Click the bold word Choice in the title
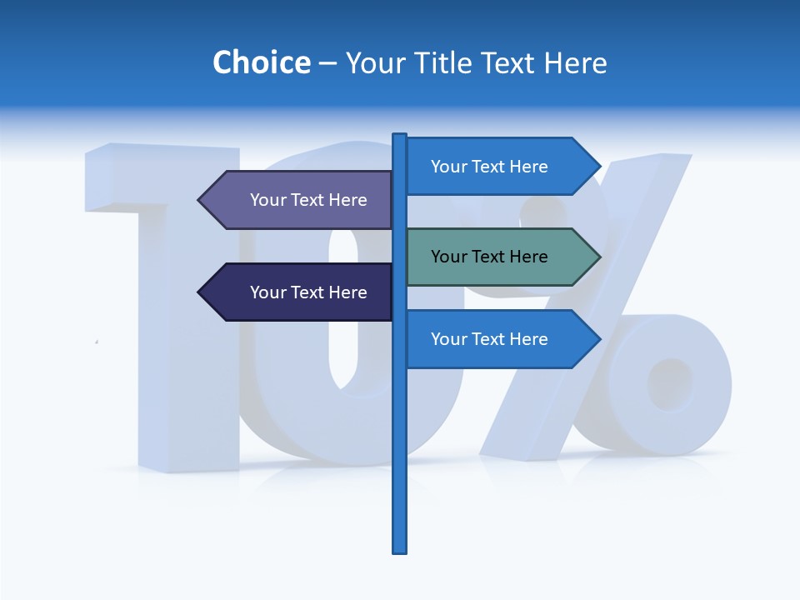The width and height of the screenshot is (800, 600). click(261, 62)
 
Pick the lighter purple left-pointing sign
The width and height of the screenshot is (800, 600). click(300, 200)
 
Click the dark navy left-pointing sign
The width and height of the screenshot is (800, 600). click(300, 292)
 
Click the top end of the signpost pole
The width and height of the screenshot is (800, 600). click(400, 136)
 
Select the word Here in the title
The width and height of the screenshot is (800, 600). click(575, 62)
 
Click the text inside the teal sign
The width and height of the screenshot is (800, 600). click(489, 257)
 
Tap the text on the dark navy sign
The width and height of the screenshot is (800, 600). click(308, 292)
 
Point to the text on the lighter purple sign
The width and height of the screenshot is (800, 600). click(308, 200)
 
